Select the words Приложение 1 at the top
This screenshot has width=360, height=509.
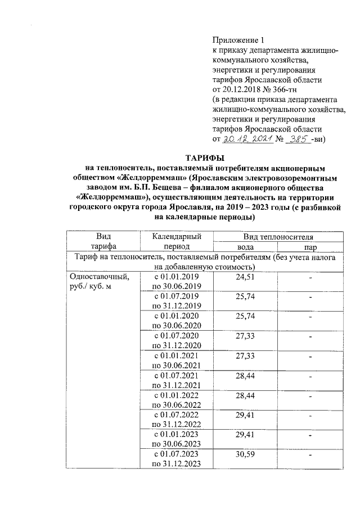(x=238, y=40)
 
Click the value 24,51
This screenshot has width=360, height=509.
(x=245, y=277)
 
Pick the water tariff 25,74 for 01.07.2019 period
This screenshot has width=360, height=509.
(x=245, y=297)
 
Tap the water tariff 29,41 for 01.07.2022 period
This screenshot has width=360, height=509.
(x=245, y=415)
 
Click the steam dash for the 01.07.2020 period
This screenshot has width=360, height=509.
(x=310, y=336)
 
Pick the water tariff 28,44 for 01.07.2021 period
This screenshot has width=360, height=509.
(x=245, y=376)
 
